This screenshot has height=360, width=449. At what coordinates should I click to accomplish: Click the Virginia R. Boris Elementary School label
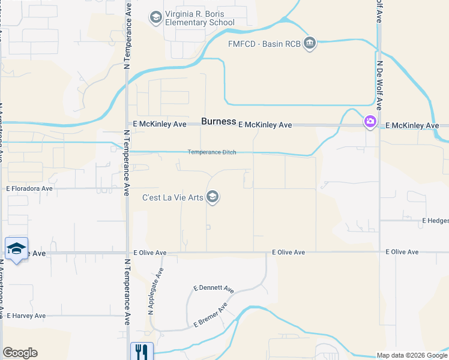(200, 19)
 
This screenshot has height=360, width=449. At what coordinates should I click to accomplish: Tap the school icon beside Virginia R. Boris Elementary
(156, 16)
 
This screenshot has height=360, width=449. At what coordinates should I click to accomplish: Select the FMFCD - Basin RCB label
(264, 43)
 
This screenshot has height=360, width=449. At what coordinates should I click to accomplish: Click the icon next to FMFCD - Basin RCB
(310, 43)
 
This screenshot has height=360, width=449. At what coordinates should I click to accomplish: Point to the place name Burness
(218, 121)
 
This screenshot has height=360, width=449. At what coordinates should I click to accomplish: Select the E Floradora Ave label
(30, 188)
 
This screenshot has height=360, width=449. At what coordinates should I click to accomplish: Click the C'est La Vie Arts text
(172, 197)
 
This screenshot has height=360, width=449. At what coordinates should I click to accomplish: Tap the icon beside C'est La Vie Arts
(212, 196)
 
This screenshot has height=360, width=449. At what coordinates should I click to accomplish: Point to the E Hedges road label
(435, 221)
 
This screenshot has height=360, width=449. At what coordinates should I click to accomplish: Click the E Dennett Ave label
(213, 289)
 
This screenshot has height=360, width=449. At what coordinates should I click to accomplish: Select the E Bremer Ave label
(210, 315)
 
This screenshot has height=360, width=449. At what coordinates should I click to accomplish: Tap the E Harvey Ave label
(26, 316)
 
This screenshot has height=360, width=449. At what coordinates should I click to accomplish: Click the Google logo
(20, 353)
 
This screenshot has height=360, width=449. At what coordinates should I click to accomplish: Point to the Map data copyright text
(412, 355)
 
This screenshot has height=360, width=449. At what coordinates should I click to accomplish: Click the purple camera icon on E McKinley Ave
(370, 122)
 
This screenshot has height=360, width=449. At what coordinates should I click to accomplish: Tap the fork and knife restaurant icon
(142, 352)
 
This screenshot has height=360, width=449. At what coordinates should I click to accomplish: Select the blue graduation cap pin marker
(17, 249)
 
